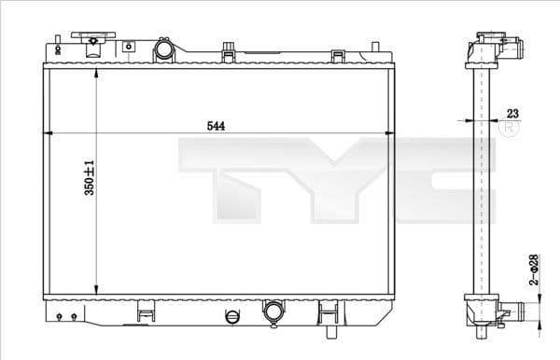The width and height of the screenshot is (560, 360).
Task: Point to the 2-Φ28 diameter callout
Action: coord(534,270)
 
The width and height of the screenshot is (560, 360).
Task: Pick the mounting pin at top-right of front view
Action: coord(375,46)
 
